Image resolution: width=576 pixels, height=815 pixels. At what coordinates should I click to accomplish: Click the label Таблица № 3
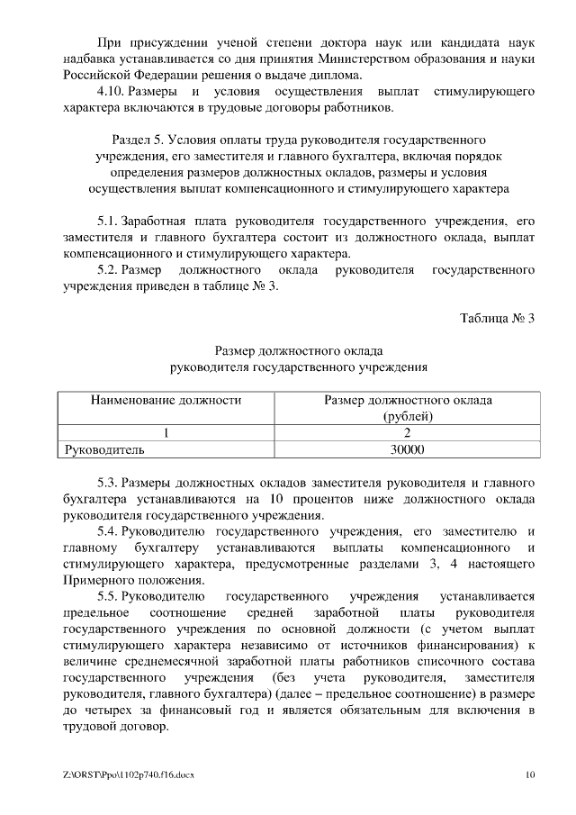497,318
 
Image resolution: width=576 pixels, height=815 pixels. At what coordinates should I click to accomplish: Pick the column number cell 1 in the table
166,432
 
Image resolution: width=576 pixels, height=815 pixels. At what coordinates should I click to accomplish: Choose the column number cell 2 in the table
407,432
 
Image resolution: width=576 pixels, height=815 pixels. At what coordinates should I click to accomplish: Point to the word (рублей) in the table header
407,416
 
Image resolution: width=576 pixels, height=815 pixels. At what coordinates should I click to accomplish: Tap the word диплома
340,75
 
